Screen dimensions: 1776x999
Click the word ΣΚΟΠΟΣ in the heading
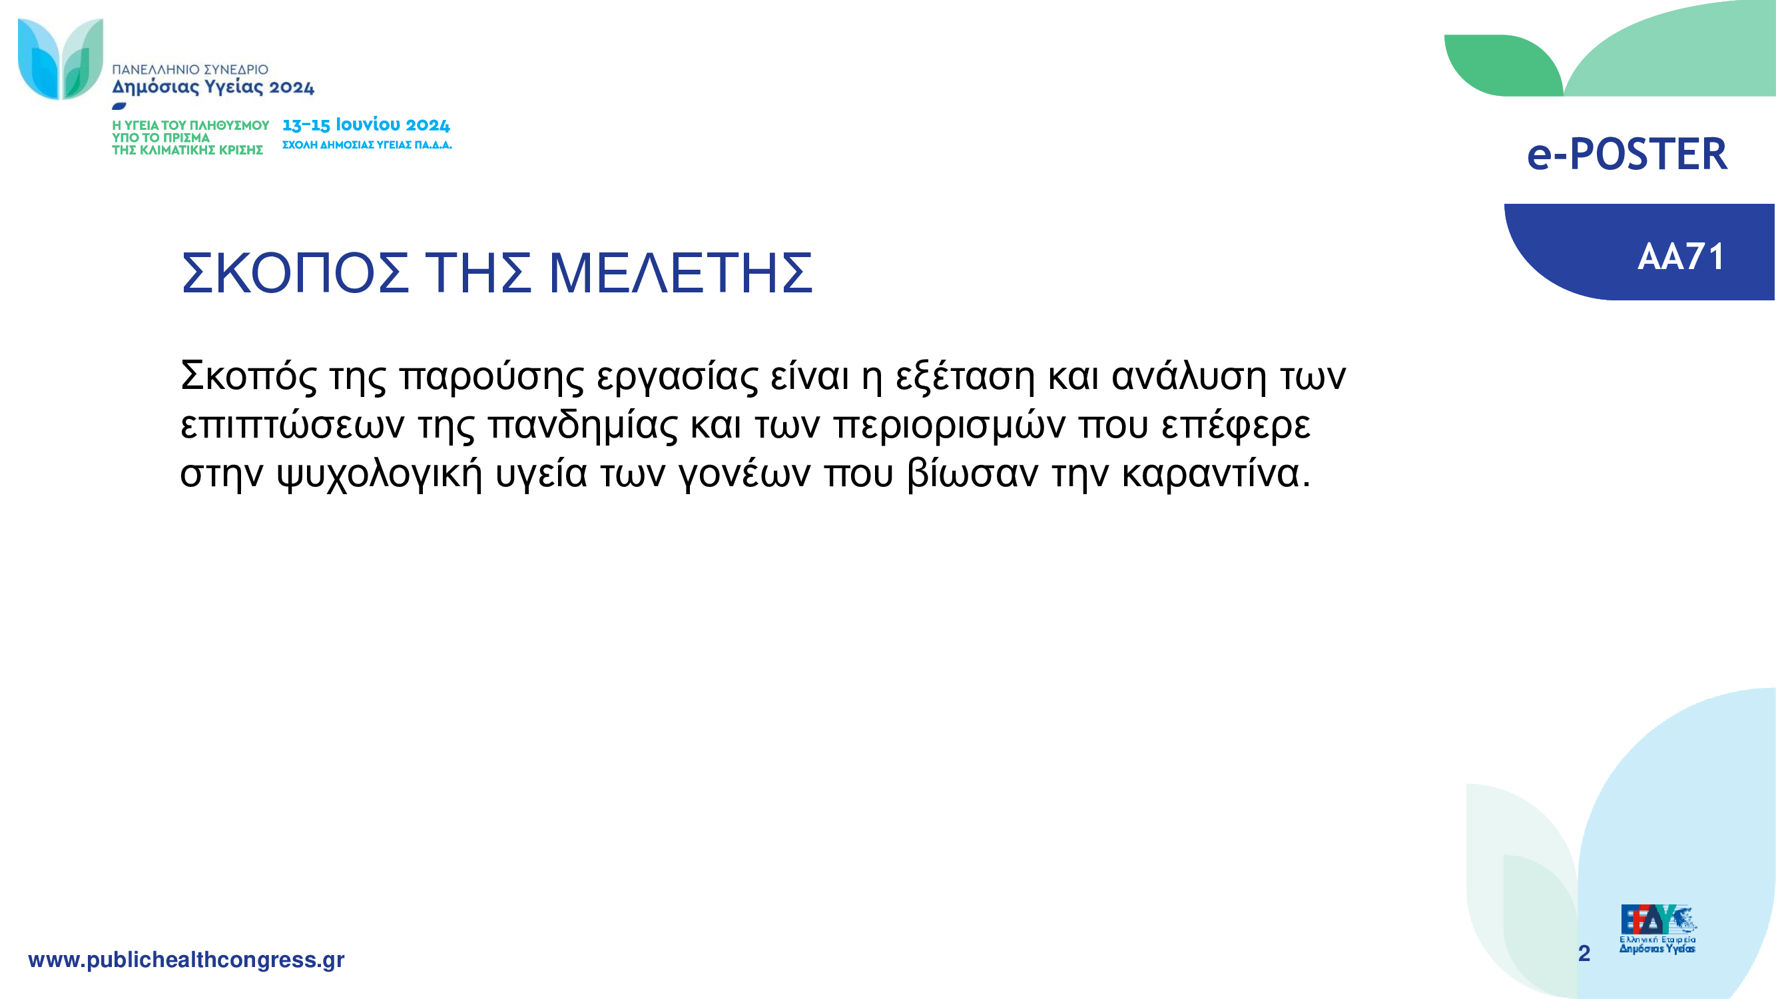(x=295, y=273)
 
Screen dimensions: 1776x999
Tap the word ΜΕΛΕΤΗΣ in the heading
(x=681, y=273)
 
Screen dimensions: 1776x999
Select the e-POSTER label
(x=1627, y=154)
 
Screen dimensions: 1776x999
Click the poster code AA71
(x=1681, y=257)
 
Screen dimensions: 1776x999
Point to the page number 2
(x=1584, y=953)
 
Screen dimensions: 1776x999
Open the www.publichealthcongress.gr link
(x=186, y=960)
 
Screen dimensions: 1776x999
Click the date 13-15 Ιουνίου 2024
(x=366, y=125)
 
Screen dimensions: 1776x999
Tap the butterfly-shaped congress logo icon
(x=61, y=59)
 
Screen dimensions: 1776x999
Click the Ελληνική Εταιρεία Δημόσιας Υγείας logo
(x=1657, y=929)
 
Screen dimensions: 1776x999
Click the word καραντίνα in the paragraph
(x=1216, y=474)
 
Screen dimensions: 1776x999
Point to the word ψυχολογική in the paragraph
(x=379, y=474)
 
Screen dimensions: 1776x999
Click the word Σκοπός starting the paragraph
(x=249, y=376)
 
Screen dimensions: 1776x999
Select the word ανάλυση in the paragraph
(x=1189, y=376)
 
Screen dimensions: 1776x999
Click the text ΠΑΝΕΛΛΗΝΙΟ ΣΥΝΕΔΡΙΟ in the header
(x=190, y=70)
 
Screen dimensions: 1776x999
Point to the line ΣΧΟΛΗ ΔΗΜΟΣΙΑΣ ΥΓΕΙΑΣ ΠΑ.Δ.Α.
(x=368, y=145)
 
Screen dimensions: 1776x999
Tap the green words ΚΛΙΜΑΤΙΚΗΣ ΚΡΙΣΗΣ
(x=201, y=151)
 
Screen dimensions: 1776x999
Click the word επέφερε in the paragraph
(x=1235, y=426)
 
